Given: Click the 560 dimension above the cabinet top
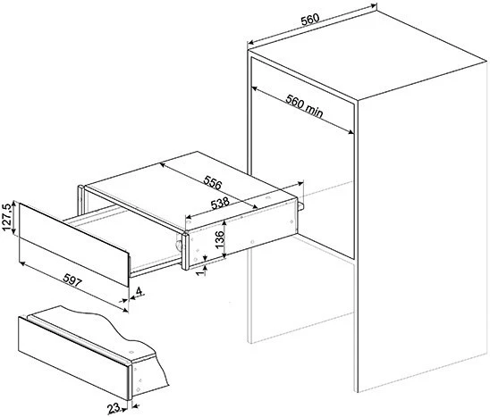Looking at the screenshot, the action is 310,20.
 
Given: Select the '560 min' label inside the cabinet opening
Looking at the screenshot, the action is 304,106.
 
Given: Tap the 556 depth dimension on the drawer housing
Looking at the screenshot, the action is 213,182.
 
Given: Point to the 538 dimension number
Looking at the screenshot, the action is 220,204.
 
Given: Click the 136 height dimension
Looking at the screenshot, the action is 220,239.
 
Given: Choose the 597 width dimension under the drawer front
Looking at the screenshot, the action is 72,280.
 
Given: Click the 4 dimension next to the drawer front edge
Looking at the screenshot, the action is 139,291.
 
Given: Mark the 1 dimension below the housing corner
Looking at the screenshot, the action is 201,271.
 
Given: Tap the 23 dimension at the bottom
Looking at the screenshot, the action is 114,408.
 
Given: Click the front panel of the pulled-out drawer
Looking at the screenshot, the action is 74,245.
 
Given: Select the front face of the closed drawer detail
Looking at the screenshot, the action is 73,358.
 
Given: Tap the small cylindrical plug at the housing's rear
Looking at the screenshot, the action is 300,206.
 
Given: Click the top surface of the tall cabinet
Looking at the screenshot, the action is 368,54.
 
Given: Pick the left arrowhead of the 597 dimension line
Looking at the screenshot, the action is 21,264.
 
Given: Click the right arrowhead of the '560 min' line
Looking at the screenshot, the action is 351,132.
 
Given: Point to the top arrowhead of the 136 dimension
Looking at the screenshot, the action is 224,222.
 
